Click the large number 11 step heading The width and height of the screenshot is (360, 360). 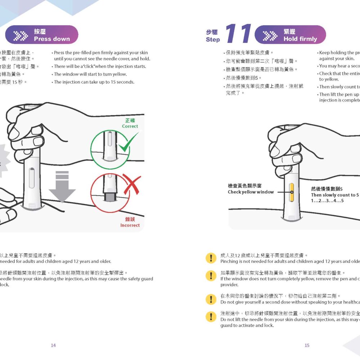click(238, 35)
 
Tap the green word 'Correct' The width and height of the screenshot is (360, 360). click(130, 126)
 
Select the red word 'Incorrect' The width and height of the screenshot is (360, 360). click(130, 225)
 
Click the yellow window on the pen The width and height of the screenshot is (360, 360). click(292, 192)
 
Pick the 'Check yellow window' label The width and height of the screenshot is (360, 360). click(251, 192)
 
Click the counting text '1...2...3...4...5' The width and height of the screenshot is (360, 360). click(327, 201)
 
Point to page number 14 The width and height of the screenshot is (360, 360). click(53, 345)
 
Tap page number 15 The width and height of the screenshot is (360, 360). click(307, 345)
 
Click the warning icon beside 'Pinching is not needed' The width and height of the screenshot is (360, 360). click(210, 258)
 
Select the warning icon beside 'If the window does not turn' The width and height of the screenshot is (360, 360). click(210, 276)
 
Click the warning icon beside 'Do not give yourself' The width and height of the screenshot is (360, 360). click(210, 299)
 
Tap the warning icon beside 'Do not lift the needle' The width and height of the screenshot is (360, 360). click(210, 316)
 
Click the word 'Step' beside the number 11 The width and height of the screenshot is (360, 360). click(213, 40)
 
